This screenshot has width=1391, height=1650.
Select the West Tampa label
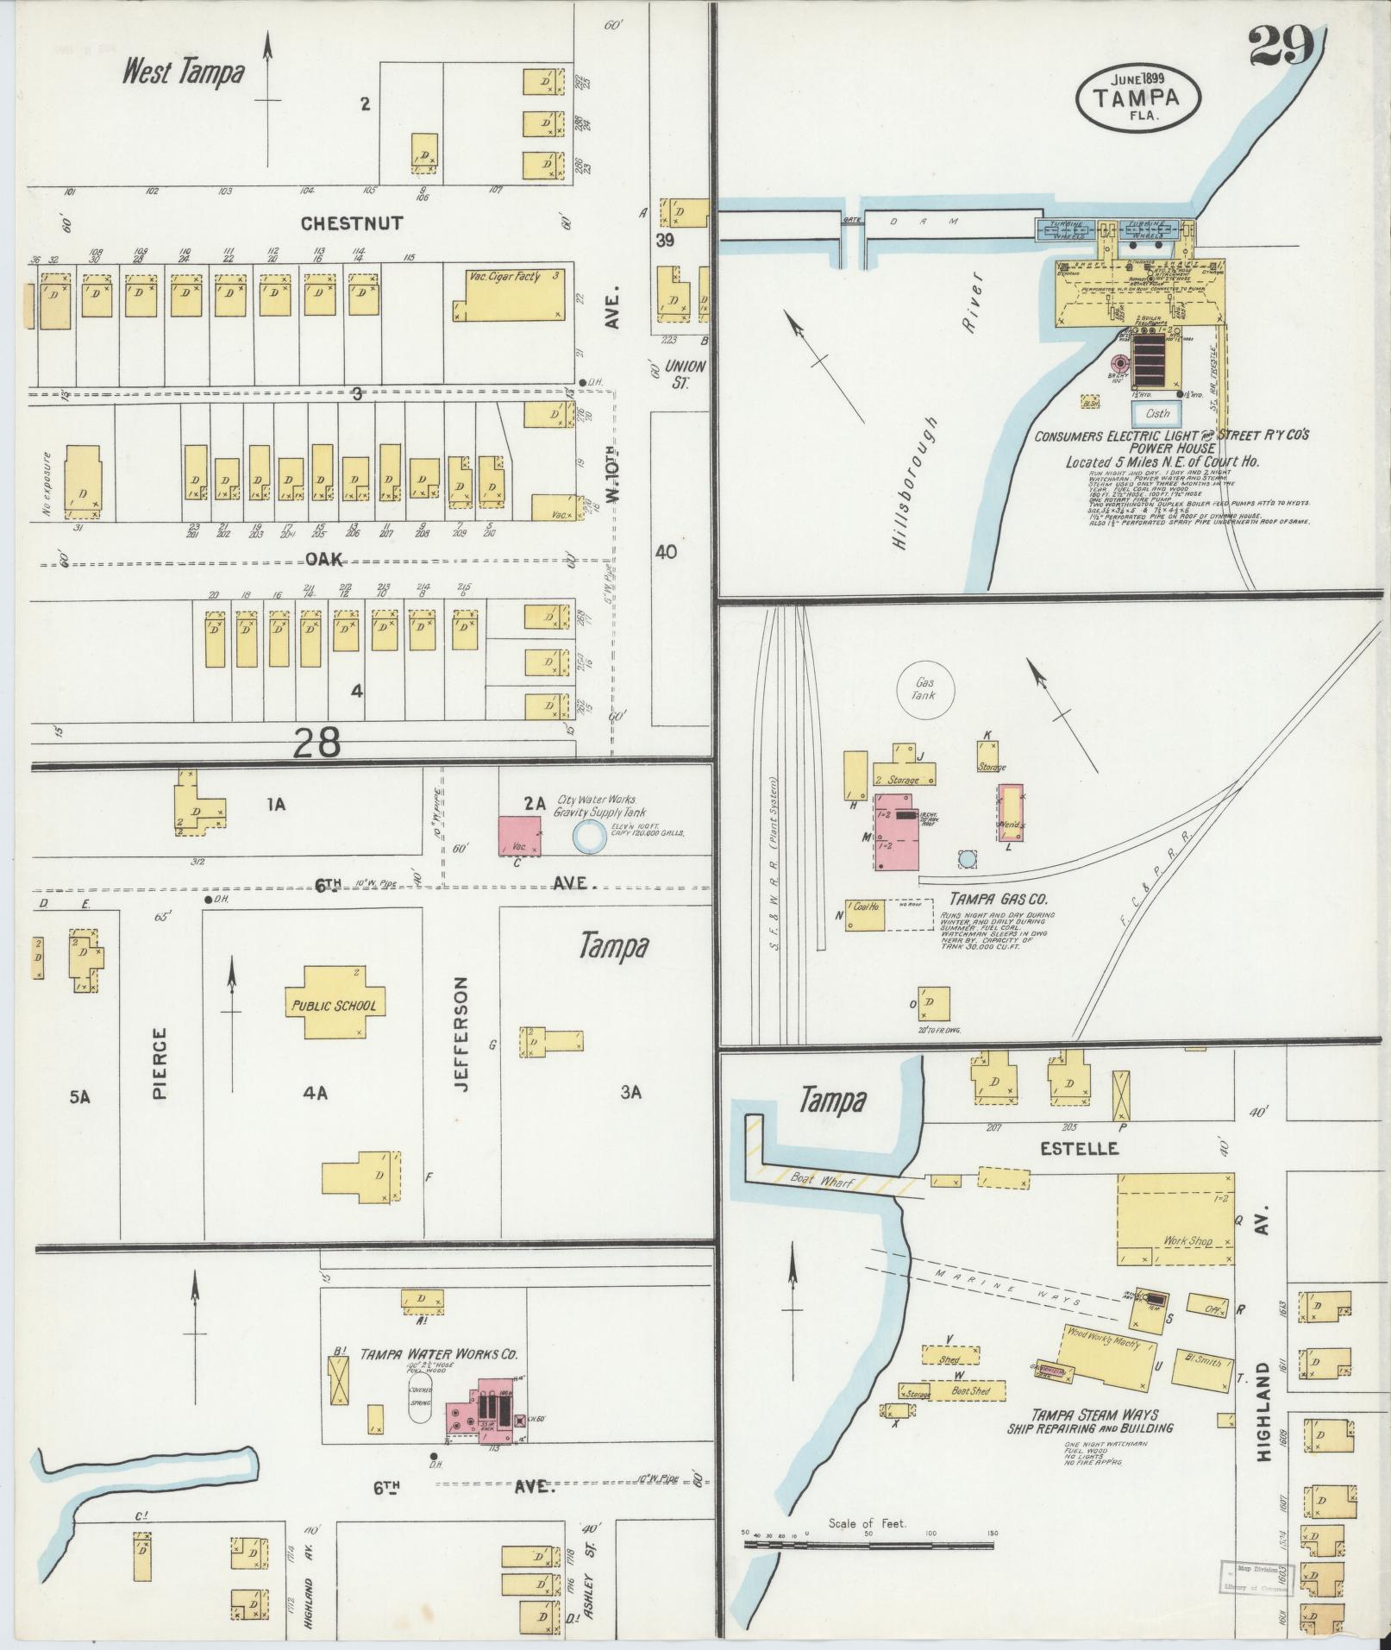pos(183,72)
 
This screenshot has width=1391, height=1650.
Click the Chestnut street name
pos(352,223)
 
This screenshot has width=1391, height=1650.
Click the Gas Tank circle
pos(925,687)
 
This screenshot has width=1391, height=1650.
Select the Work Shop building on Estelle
pos(1175,1219)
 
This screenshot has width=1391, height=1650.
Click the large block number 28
pos(316,741)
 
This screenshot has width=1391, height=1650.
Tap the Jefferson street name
pos(461,1035)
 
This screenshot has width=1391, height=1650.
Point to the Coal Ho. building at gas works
pos(865,916)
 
